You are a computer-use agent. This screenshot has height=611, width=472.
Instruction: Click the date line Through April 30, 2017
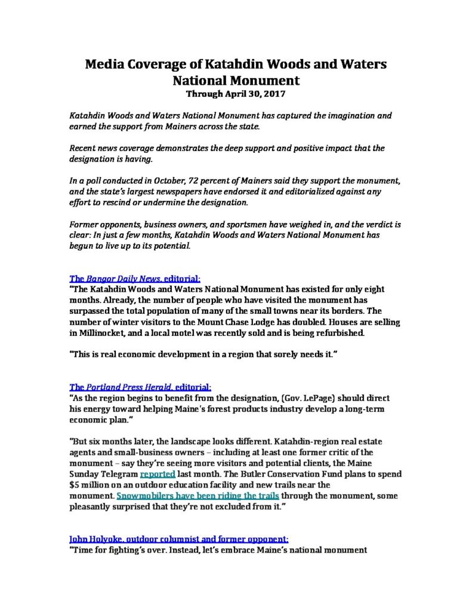coord(236,94)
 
